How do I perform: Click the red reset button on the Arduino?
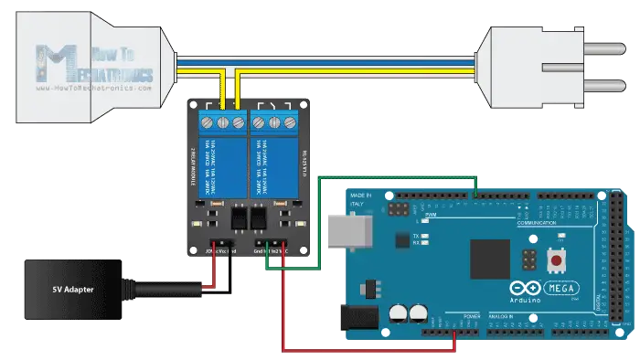pyautogui.click(x=554, y=262)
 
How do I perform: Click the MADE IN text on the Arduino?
pyautogui.click(x=361, y=196)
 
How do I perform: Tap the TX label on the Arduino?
pyautogui.click(x=416, y=235)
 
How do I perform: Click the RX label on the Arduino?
pyautogui.click(x=416, y=243)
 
